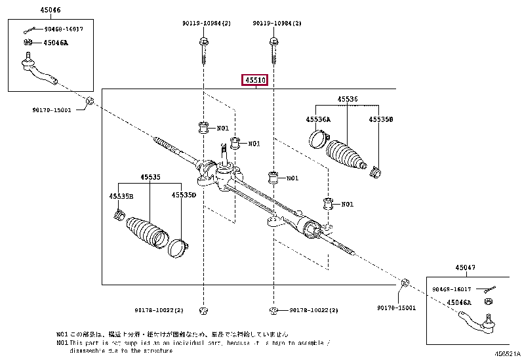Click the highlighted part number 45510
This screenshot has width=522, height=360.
(x=255, y=81)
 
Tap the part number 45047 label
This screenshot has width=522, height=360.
(x=466, y=268)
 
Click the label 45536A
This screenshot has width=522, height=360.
(x=318, y=119)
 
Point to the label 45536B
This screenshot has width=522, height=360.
(x=380, y=119)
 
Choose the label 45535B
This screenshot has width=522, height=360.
(x=121, y=195)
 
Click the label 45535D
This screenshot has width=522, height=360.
(x=184, y=195)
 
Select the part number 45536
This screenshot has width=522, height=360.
(x=348, y=99)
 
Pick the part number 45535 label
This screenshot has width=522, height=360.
(x=150, y=177)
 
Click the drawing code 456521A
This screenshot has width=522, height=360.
(x=506, y=354)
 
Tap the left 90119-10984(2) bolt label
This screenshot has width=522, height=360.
(x=207, y=24)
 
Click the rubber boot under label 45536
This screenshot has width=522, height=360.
(x=347, y=157)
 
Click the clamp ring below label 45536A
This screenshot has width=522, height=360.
(x=318, y=140)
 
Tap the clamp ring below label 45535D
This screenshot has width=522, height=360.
(x=178, y=249)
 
